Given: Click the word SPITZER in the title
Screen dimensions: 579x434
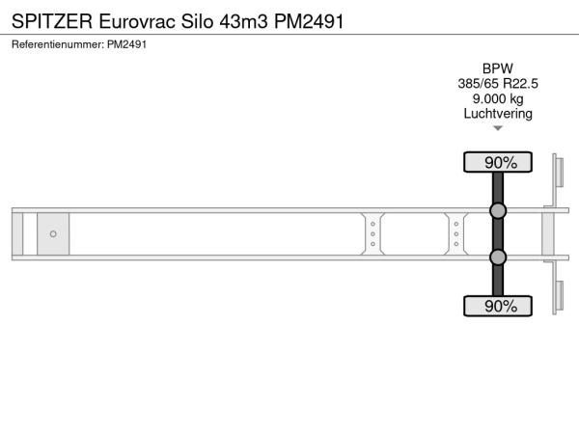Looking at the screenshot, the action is click(x=52, y=21).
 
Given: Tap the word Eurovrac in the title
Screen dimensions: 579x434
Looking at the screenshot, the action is click(x=137, y=21).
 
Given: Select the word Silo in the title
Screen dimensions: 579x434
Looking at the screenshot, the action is click(x=197, y=21).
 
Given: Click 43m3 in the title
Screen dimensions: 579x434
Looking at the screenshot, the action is click(x=244, y=21).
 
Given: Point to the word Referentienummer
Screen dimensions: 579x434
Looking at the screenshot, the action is click(x=58, y=44).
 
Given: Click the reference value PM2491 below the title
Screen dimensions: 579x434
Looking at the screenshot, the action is click(x=127, y=44).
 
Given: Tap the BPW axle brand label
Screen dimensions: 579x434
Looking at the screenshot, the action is click(x=498, y=68).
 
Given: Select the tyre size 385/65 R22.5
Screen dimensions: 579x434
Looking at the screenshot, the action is click(x=498, y=84).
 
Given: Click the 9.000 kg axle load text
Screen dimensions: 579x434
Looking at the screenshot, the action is click(x=498, y=99).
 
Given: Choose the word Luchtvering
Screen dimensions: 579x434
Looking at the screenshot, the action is click(x=498, y=114).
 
